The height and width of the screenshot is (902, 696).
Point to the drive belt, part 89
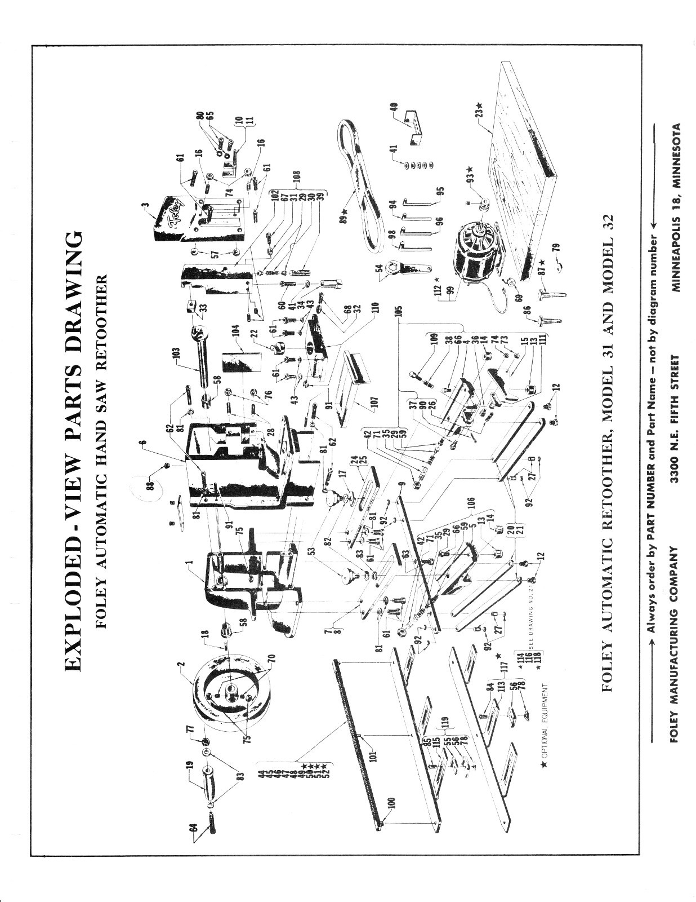point(366,186)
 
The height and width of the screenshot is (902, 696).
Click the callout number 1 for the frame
point(189,561)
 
